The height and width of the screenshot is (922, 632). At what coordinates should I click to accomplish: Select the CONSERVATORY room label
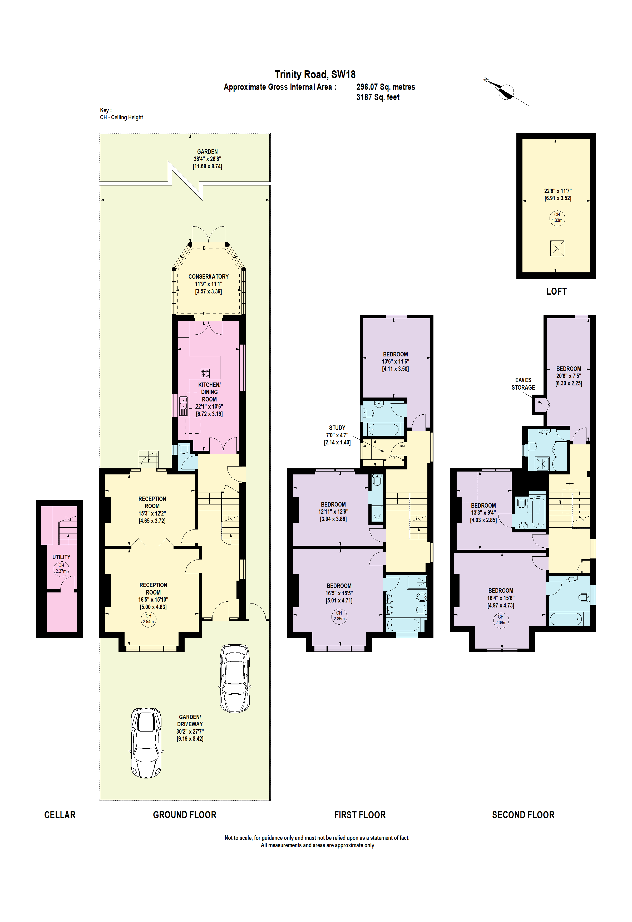[x=209, y=277]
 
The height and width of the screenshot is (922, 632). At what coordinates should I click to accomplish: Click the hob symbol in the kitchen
[x=205, y=373]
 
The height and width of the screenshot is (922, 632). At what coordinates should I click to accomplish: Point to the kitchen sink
[x=183, y=406]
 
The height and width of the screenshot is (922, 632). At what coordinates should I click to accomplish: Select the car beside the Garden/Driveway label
[x=146, y=743]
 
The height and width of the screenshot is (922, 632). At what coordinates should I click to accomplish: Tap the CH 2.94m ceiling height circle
[x=148, y=619]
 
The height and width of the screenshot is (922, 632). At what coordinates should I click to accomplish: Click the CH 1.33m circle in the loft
[x=557, y=218]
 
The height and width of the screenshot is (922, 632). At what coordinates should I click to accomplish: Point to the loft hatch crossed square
[x=557, y=248]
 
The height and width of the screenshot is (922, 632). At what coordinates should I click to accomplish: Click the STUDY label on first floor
[x=337, y=428]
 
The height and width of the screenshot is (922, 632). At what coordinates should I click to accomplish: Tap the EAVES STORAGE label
[x=523, y=384]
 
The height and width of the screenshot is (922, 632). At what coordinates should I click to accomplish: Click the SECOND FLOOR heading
[x=523, y=815]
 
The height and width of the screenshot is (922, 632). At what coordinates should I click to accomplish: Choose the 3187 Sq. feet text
[x=378, y=97]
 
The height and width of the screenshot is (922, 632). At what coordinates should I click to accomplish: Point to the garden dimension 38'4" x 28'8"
[x=207, y=159]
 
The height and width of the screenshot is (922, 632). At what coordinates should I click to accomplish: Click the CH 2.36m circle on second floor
[x=501, y=619]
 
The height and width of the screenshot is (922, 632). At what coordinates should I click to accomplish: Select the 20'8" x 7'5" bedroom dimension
[x=569, y=376]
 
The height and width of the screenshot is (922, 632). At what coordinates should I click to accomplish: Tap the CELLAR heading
[x=60, y=815]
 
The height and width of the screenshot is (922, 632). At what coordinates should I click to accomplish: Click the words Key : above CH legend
[x=106, y=110]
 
